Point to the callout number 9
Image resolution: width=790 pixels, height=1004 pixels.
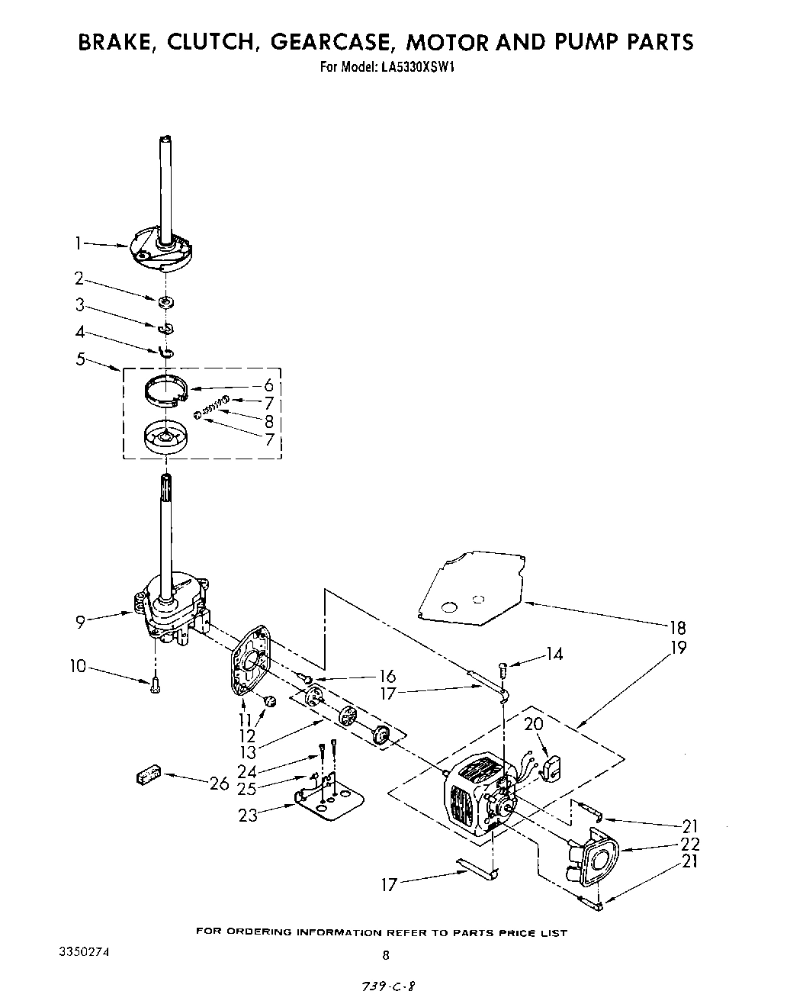tap(80, 622)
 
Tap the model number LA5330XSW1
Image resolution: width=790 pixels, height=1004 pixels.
tap(416, 66)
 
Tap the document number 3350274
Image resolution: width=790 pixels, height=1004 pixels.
tap(89, 953)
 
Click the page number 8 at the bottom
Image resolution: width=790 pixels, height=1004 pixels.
tap(386, 954)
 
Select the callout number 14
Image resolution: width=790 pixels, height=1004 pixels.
tap(554, 654)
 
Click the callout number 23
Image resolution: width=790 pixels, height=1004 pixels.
tap(248, 815)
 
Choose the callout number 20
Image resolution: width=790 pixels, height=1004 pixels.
tap(533, 723)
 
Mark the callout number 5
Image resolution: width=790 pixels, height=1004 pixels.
tap(81, 358)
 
